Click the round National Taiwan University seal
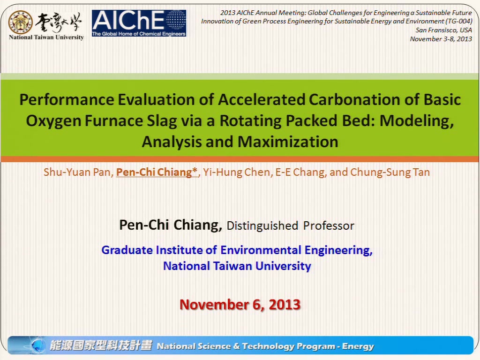(x=20, y=22)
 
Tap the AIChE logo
(x=139, y=23)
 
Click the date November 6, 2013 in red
(x=240, y=305)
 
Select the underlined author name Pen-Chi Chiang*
(x=157, y=172)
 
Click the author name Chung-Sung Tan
(x=390, y=172)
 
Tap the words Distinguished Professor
(x=290, y=226)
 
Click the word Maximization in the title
(x=288, y=142)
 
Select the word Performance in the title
(x=67, y=100)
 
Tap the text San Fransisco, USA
(x=443, y=30)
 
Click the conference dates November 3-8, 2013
(x=441, y=39)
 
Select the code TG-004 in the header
(x=459, y=21)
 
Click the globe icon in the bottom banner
(x=38, y=345)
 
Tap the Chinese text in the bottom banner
(x=101, y=345)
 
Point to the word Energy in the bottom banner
(x=358, y=346)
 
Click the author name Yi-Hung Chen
(x=237, y=172)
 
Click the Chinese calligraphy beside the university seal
(x=58, y=22)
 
